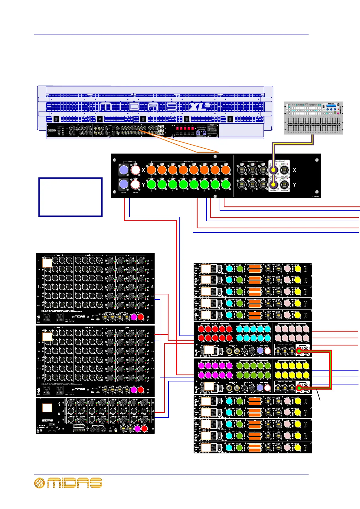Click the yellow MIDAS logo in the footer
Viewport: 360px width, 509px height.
pos(68,483)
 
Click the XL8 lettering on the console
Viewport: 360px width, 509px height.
pos(199,107)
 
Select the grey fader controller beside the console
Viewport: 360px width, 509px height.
pos(313,118)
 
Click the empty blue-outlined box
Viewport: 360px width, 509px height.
pos(70,197)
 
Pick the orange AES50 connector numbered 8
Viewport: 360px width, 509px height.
pos(151,170)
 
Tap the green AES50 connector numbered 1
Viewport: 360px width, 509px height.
pos(225,184)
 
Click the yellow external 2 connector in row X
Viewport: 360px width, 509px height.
pos(273,170)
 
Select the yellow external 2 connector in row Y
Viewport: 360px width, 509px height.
pos(273,184)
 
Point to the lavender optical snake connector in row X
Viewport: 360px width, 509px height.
pos(124,170)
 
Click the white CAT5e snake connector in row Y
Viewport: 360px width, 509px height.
pos(135,184)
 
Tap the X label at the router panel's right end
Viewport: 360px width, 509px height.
pos(294,170)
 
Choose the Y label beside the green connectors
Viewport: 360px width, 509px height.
pos(143,184)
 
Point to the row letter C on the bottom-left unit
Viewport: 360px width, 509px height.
pos(59,422)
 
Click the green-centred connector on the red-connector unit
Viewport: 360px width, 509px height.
pos(299,351)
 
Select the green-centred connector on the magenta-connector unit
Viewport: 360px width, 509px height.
pos(299,388)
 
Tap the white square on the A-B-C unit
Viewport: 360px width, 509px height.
pos(47,408)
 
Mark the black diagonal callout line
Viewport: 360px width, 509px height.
pos(318,395)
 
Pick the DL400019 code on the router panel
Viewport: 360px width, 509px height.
pos(315,196)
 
